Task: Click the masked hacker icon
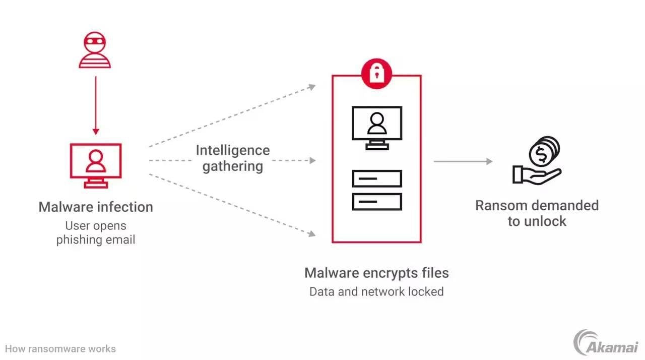(95, 50)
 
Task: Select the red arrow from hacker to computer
(95, 106)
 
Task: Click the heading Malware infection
(95, 207)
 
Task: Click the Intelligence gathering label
(233, 158)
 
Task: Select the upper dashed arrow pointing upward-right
(232, 116)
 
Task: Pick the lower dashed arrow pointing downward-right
(232, 204)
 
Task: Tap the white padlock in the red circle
(376, 74)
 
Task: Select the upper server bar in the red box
(376, 178)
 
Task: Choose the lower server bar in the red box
(376, 201)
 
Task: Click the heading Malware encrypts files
(376, 273)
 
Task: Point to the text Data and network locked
(376, 291)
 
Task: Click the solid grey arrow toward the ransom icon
(463, 161)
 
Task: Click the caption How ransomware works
(60, 348)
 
